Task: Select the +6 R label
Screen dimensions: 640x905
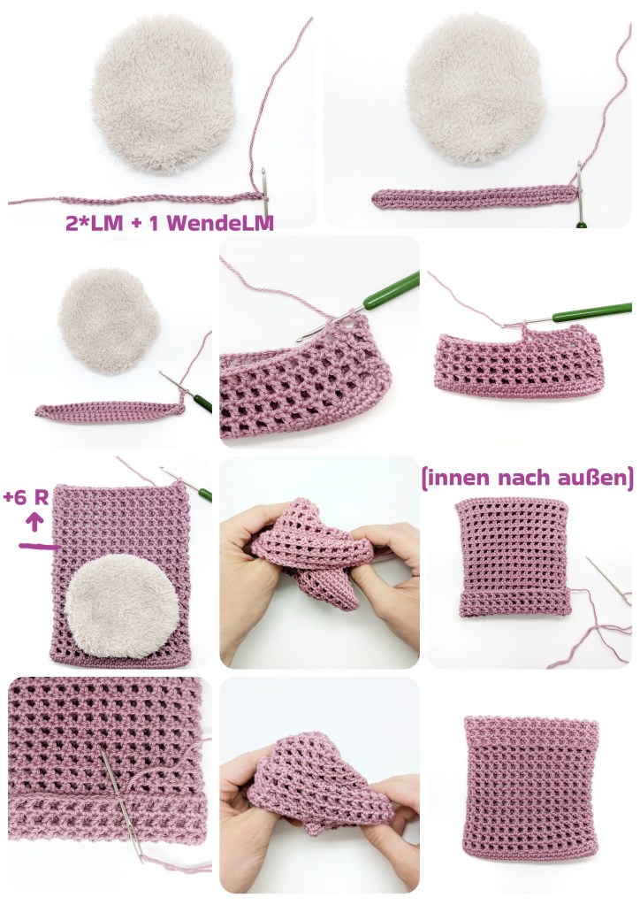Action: click(26, 497)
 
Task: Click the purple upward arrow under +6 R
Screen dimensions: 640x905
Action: click(35, 522)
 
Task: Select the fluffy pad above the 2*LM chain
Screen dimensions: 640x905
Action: click(164, 94)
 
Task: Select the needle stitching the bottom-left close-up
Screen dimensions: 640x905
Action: click(120, 802)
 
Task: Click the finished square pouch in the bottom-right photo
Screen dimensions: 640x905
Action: click(530, 787)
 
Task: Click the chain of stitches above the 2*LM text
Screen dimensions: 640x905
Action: click(139, 200)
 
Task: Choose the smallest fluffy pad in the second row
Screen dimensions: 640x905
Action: click(109, 320)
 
